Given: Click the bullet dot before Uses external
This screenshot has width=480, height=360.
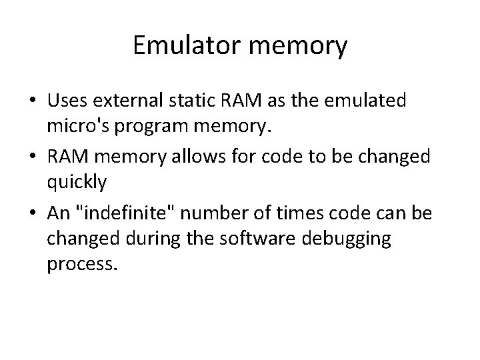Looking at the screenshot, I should click(31, 101).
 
